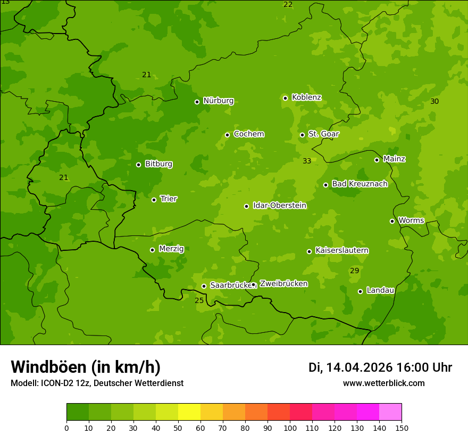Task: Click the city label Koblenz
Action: tap(306, 97)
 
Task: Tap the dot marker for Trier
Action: tap(154, 200)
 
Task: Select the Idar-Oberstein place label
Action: tap(280, 206)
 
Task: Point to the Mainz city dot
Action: tap(377, 160)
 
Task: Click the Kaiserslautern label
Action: tap(342, 250)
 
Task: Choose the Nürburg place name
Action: tap(218, 101)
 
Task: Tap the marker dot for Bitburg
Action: tap(139, 165)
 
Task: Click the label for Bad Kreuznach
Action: tap(360, 184)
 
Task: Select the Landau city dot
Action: tap(360, 291)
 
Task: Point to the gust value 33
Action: tap(307, 161)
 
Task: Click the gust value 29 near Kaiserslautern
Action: tap(354, 271)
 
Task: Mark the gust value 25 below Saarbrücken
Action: tap(199, 300)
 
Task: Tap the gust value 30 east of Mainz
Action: tap(434, 101)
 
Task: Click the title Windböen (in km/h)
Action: tap(86, 367)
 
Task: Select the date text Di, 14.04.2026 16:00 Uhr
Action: tap(380, 367)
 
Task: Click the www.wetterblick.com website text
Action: tap(384, 383)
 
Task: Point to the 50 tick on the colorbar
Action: tap(178, 428)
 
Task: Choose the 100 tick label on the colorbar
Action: tap(290, 428)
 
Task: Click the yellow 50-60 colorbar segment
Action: tap(189, 412)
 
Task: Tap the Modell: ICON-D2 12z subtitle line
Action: tap(97, 383)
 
